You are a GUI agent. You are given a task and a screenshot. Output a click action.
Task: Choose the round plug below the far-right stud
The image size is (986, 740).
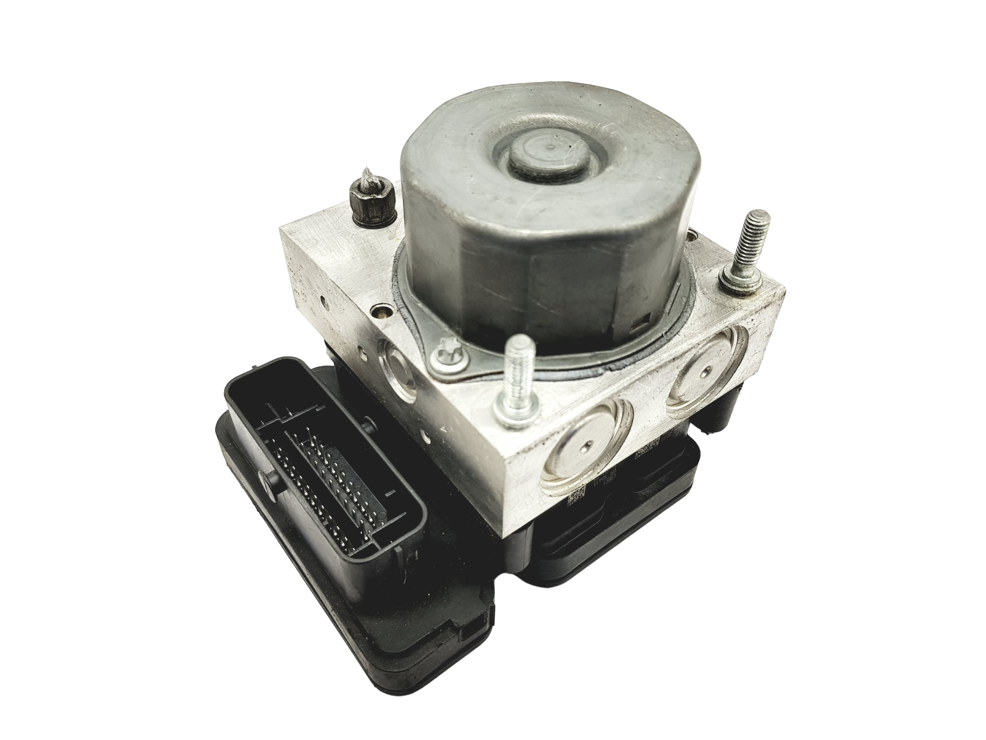pyautogui.click(x=707, y=369)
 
